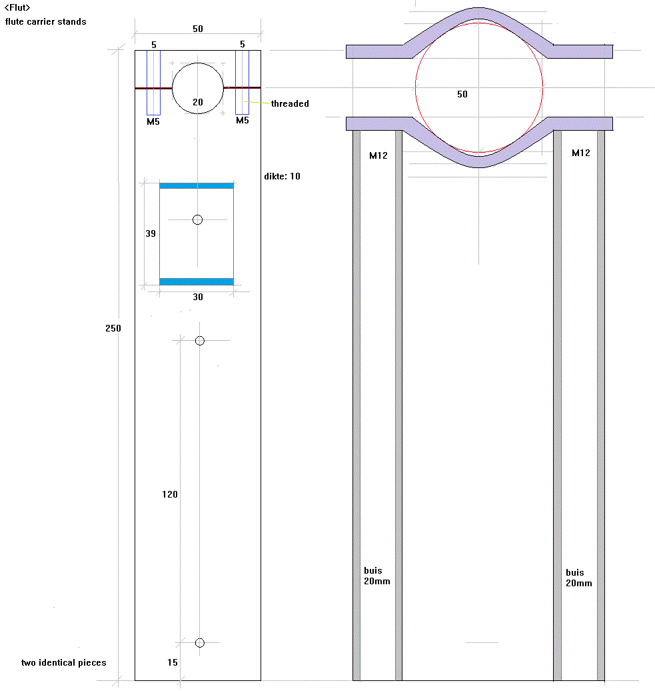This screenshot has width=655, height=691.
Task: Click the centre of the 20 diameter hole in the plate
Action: (198, 88)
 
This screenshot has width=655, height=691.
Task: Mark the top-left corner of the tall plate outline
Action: (135, 51)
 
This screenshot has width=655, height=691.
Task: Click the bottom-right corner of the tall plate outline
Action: (261, 680)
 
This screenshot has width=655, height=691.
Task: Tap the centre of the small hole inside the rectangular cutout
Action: (198, 219)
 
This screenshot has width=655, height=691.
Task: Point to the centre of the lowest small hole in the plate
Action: (200, 642)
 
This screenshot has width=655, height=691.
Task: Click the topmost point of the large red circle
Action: (479, 23)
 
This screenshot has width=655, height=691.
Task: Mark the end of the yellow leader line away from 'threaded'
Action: (245, 102)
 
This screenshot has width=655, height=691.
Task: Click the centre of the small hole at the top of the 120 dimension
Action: (200, 341)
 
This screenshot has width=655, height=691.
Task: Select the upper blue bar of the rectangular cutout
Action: (197, 185)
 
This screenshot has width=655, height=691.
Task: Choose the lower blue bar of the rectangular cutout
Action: (197, 281)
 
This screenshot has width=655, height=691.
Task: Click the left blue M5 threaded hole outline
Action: (154, 83)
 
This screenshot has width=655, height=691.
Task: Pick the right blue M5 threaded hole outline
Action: (242, 83)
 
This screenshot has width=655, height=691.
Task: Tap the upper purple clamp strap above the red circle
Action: (479, 33)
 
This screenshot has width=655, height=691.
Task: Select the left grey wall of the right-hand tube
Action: (557, 406)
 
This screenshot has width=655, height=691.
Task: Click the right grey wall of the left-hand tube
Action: (399, 406)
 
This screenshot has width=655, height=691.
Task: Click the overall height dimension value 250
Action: (113, 328)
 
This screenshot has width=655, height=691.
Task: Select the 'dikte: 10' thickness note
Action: (282, 176)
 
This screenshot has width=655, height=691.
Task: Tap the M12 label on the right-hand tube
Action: (581, 153)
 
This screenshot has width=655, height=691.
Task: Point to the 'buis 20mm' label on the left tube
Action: (376, 576)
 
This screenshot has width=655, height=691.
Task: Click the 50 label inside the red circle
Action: (462, 94)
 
